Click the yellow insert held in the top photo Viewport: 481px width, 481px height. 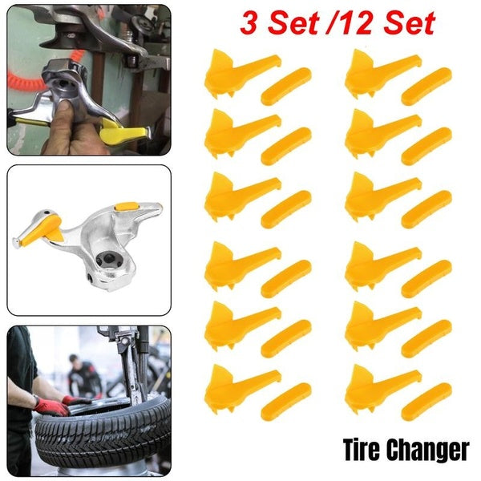point(128,132)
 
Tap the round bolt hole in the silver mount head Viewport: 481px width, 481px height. point(103,260)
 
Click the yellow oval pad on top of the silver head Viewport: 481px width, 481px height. point(124,207)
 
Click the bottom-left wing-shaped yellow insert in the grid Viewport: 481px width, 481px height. point(236,384)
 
